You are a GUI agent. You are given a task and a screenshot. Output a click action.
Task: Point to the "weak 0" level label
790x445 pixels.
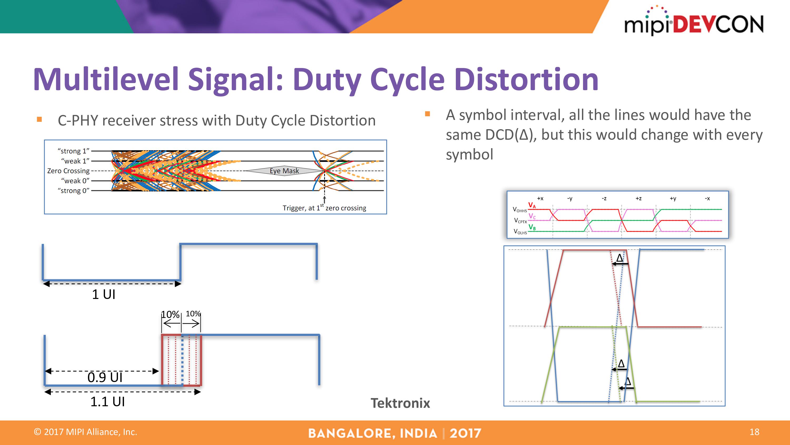(x=75, y=181)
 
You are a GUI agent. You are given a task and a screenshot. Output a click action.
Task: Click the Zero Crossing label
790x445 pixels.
(x=68, y=171)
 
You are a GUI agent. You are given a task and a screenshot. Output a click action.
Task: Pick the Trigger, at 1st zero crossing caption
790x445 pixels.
(x=324, y=208)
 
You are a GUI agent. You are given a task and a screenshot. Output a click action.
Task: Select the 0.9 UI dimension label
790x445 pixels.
(x=105, y=378)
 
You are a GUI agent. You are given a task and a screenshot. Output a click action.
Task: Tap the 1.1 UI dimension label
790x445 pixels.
(x=107, y=402)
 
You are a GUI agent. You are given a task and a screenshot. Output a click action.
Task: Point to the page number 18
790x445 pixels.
(x=754, y=432)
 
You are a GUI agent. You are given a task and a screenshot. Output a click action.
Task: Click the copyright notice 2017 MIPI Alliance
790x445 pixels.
(x=86, y=432)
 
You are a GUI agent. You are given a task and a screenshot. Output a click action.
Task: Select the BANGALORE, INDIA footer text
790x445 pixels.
(x=372, y=433)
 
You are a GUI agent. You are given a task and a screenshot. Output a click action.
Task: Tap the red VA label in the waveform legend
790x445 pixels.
(x=532, y=205)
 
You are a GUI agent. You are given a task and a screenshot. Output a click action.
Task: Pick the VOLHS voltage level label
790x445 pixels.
(x=520, y=231)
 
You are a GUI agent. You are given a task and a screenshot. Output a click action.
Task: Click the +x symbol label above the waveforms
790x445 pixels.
(x=540, y=199)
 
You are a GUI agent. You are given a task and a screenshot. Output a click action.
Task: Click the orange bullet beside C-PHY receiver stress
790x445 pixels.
(x=39, y=119)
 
